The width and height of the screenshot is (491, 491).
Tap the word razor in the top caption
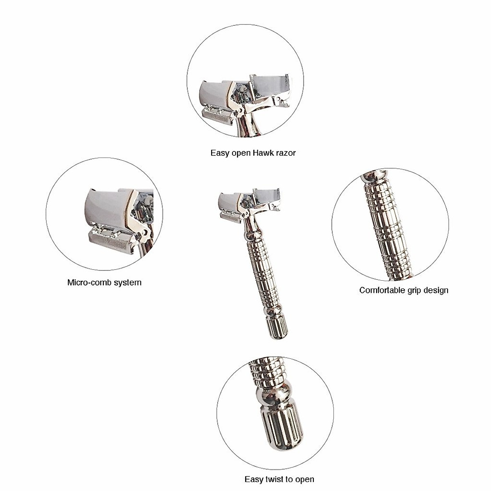click(286, 153)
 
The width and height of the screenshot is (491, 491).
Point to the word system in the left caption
click(128, 282)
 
